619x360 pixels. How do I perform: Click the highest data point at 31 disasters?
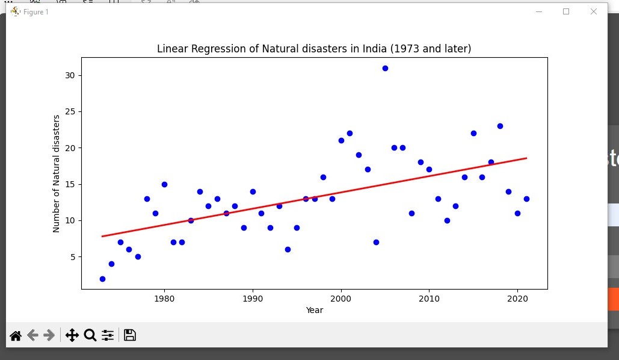(385, 68)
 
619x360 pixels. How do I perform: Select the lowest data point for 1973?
(102, 279)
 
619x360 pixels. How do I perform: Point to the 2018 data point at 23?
(500, 126)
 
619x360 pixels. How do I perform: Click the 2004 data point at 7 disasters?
(376, 242)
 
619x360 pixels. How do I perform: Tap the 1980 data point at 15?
(164, 184)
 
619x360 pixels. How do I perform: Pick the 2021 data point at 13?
(526, 199)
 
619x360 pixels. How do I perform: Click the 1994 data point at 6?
(288, 249)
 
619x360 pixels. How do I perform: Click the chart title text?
(314, 49)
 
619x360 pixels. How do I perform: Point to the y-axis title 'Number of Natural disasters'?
(57, 173)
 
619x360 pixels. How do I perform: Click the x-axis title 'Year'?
(314, 310)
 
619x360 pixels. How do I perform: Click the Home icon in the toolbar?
(16, 335)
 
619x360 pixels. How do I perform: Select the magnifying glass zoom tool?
(90, 335)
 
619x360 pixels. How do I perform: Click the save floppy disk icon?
(130, 335)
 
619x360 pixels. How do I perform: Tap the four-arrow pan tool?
(72, 335)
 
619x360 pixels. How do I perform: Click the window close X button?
(594, 11)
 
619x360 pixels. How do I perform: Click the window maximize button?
(566, 11)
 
